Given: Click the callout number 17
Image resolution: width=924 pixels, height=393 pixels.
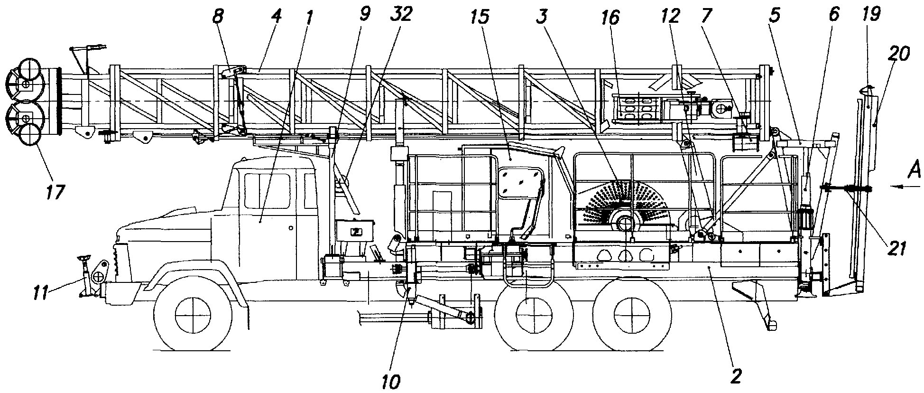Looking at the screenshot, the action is [x=55, y=193].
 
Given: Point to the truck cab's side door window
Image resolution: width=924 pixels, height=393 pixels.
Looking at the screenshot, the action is [x=267, y=190].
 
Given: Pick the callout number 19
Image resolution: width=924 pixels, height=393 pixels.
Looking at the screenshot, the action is [x=872, y=15].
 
